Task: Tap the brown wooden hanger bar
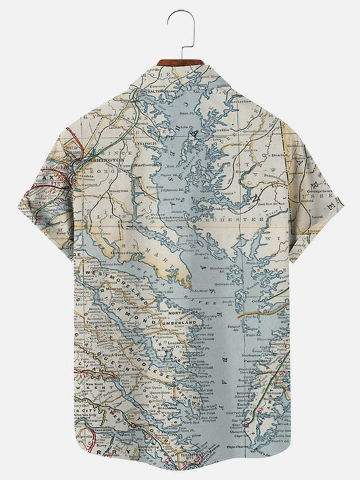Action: (180, 62)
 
